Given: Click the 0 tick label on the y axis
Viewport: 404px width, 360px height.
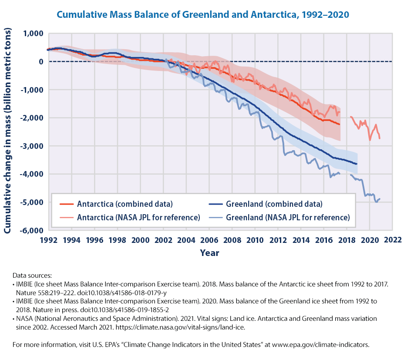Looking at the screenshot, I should point(40,62).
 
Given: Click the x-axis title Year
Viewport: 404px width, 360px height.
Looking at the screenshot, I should point(209,252).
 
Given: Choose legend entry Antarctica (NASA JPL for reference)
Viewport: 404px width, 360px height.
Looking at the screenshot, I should point(138,217).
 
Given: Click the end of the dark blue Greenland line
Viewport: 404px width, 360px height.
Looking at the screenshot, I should point(357,164).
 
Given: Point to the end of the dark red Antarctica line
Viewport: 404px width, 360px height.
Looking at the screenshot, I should point(340,124).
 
